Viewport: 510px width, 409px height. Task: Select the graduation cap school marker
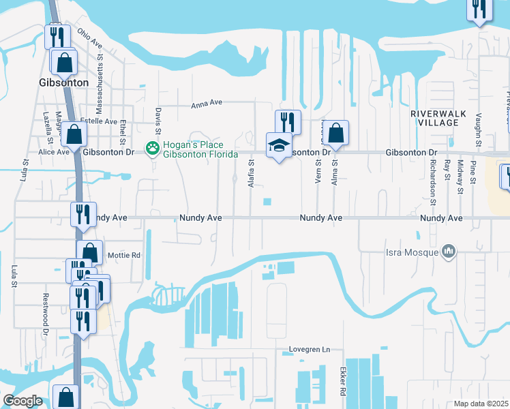pos(278,145)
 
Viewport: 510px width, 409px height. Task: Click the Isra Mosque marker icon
pos(448,252)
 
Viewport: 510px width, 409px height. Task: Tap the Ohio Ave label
pos(89,39)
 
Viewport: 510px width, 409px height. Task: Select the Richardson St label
pos(432,182)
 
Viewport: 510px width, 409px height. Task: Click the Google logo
pos(22,401)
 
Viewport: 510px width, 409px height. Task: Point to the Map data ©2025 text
pos(481,404)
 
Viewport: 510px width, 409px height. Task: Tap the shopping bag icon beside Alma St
pos(335,134)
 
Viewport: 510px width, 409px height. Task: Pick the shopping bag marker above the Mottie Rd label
pos(89,252)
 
